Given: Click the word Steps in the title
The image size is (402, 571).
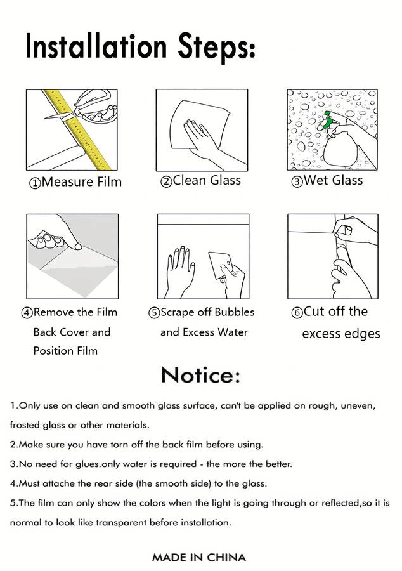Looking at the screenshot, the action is [x=216, y=48].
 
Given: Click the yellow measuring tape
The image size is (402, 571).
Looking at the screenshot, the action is [x=77, y=130].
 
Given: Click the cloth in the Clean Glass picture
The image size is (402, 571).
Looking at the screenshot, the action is [x=200, y=125].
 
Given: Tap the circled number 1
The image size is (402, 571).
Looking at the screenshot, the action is [x=35, y=183].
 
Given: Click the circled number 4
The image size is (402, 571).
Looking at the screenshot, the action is [x=27, y=313].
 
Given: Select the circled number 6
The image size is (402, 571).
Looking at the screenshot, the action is [x=297, y=313].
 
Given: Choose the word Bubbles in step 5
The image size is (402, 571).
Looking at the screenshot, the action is [x=234, y=312].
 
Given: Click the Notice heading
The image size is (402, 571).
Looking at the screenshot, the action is [x=200, y=375].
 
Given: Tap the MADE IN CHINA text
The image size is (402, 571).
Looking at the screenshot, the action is [x=199, y=557].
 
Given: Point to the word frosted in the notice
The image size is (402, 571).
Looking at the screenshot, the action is [x=24, y=425].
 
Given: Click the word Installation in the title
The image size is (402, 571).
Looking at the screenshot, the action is [x=96, y=46].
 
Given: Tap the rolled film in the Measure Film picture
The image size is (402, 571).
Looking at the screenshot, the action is [x=56, y=157].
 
